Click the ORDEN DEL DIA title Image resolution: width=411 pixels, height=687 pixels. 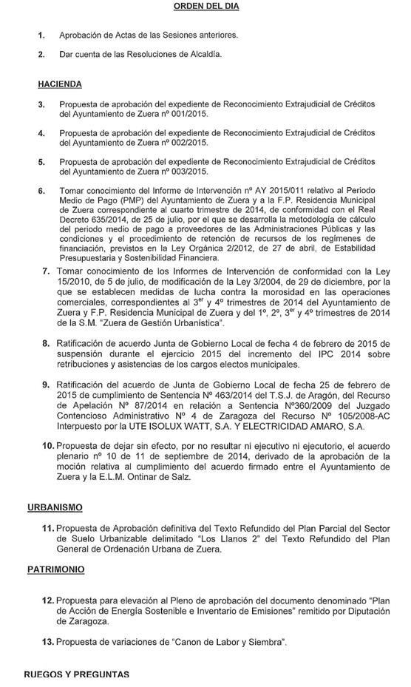(x=206, y=6)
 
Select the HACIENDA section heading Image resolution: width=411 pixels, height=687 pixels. (x=60, y=84)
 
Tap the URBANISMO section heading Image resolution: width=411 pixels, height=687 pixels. (x=55, y=507)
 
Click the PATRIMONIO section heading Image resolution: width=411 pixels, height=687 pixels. (x=55, y=569)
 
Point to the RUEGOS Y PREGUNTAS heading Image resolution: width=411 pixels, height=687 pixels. (x=76, y=674)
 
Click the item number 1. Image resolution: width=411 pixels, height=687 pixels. (x=42, y=35)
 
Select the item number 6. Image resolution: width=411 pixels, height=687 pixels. (x=42, y=191)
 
